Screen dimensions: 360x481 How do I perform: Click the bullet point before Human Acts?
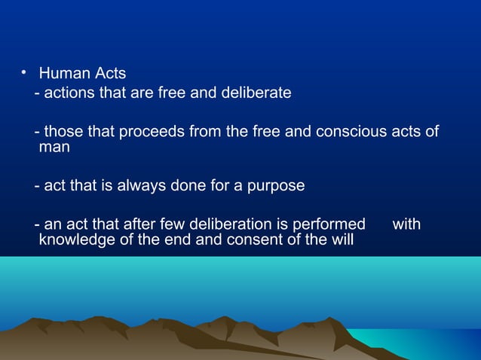coord(23,73)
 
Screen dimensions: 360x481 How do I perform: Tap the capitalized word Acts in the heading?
coord(110,75)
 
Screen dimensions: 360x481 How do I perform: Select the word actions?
coord(70,93)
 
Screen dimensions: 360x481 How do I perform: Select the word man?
coord(54,148)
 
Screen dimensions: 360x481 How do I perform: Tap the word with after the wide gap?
coord(407,224)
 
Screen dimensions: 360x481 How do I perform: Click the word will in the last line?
coord(342,241)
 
